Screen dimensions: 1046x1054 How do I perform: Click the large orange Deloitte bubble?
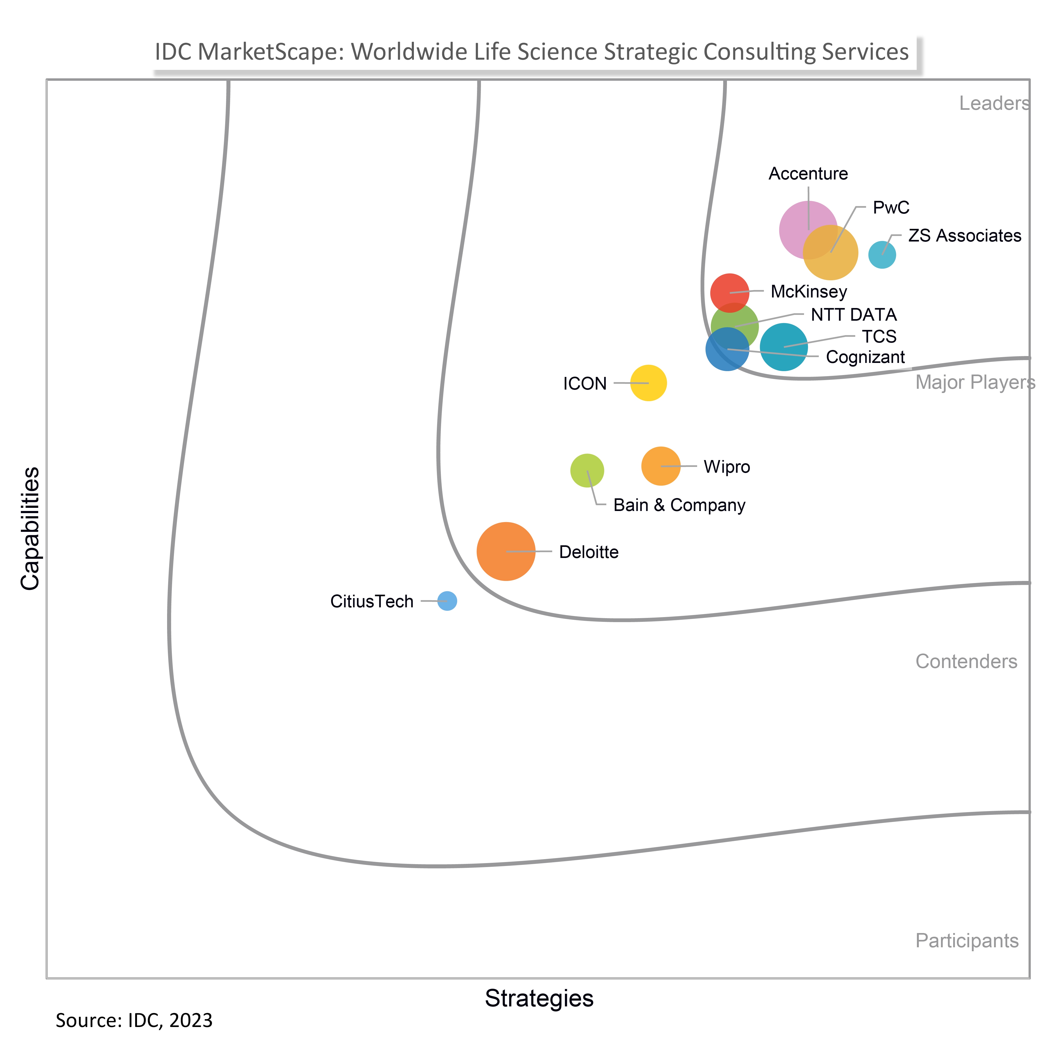(506, 551)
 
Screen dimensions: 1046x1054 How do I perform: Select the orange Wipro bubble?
(661, 466)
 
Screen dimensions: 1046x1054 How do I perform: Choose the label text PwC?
(891, 207)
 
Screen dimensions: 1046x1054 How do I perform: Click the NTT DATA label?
(854, 315)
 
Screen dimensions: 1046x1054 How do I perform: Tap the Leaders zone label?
(994, 103)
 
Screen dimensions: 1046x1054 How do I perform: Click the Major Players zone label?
(975, 382)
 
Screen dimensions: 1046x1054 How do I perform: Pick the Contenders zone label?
(966, 661)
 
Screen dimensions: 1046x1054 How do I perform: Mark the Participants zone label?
(967, 941)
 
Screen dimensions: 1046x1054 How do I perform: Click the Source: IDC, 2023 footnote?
(134, 1020)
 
